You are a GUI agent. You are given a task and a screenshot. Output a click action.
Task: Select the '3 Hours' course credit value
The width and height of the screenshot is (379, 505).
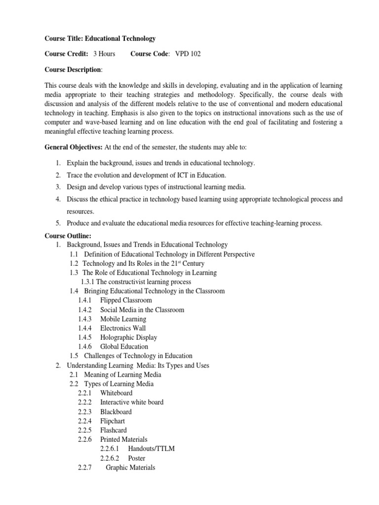pos(104,54)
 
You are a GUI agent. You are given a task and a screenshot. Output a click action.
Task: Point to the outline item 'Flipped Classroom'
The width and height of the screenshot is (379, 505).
pos(126,300)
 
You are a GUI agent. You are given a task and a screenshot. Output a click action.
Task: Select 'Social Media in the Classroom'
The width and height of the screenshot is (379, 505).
pos(142,310)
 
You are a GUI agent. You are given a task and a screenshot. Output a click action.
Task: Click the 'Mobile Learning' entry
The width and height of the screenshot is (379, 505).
pos(123,319)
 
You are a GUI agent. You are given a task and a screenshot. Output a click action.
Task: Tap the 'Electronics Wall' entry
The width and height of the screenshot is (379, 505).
pos(123,328)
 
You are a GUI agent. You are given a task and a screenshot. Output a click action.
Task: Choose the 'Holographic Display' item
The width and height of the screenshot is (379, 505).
pos(128,337)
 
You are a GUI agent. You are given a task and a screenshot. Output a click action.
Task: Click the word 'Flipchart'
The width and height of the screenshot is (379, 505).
pos(113,421)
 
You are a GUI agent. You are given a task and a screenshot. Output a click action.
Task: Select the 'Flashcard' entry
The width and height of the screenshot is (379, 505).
pos(113,430)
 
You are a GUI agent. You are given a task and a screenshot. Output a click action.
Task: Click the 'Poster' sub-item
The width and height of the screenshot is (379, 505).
pos(137,458)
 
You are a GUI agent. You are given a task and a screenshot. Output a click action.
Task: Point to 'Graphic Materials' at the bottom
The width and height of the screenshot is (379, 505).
pos(131,468)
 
